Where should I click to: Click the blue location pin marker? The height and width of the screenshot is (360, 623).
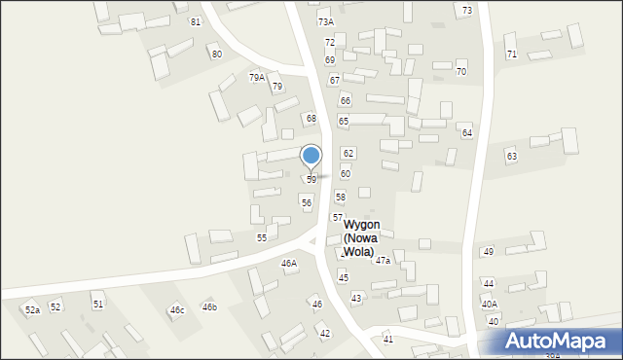(311, 157)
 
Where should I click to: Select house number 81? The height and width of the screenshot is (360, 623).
(196, 21)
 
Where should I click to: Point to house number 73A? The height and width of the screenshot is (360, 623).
(325, 21)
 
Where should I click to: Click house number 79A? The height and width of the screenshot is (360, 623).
(256, 77)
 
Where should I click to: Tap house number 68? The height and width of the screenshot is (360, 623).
(311, 118)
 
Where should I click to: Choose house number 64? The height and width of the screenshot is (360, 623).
(467, 132)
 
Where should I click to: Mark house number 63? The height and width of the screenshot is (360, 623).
(511, 156)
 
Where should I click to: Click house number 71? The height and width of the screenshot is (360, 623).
(511, 54)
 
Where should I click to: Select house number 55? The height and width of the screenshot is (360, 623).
(262, 237)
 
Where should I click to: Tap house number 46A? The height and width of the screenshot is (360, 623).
(289, 264)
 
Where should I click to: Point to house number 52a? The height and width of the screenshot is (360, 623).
(33, 309)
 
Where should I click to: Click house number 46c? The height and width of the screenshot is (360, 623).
(177, 310)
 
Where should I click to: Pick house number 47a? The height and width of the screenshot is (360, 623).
(383, 261)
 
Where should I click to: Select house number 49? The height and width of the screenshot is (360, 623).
(489, 252)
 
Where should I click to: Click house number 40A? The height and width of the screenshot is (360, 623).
(489, 304)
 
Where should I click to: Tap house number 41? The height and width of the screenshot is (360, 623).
(388, 339)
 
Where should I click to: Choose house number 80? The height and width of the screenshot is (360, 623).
(216, 54)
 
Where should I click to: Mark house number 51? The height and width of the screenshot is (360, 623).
(98, 305)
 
